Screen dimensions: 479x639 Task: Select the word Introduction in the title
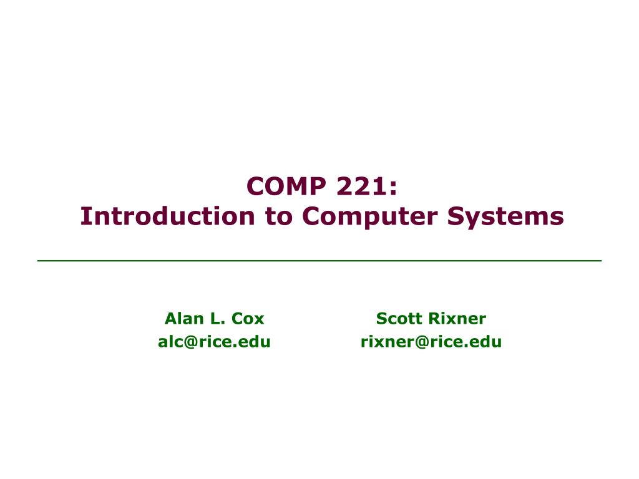[168, 216]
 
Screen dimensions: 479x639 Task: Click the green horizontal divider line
[319, 260]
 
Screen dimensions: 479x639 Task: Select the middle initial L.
[217, 319]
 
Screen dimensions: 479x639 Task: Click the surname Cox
[248, 319]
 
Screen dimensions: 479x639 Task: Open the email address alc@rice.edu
[214, 342]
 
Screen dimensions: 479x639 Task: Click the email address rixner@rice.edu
[431, 342]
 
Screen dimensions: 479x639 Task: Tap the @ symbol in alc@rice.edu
[192, 342]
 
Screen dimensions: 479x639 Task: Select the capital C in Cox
[238, 319]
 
